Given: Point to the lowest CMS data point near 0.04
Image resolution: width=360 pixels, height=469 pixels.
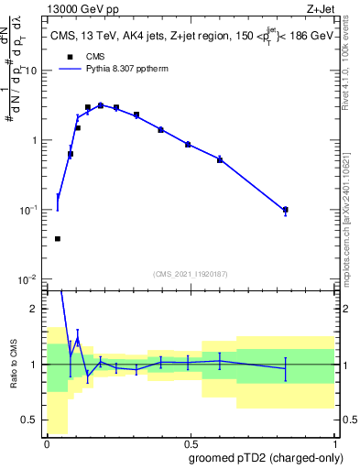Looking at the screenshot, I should point(58,239).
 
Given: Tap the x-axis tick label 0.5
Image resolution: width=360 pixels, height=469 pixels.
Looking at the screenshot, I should point(191,443).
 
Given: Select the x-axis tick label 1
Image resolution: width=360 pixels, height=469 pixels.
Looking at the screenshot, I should point(334,443).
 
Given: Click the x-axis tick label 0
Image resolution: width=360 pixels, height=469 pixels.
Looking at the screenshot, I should point(47,443).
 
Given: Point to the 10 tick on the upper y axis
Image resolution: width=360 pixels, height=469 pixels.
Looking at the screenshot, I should point(31,71).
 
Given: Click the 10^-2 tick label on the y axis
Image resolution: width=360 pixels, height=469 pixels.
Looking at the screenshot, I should point(29,279).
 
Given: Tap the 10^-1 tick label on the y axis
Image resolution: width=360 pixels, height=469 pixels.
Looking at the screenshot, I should point(29,210).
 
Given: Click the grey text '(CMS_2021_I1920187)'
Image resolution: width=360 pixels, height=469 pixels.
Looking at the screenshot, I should point(191,274).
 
